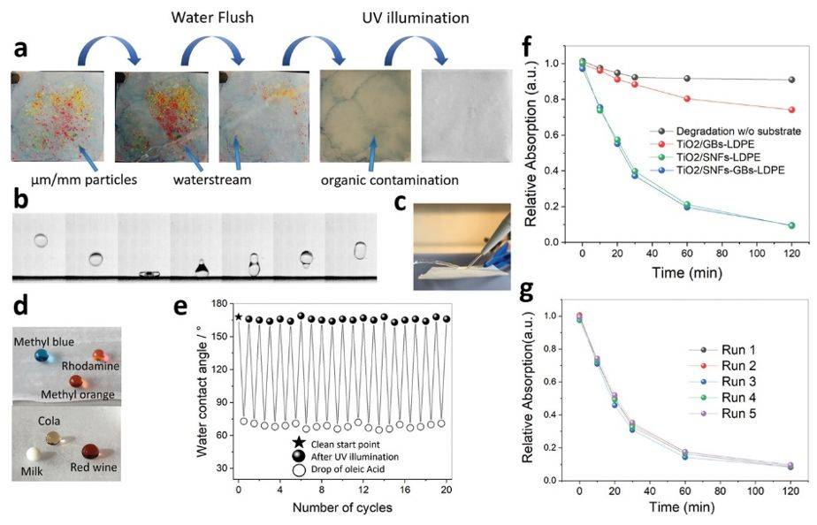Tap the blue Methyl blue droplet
pos(39,355)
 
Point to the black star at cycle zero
pos(239,316)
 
